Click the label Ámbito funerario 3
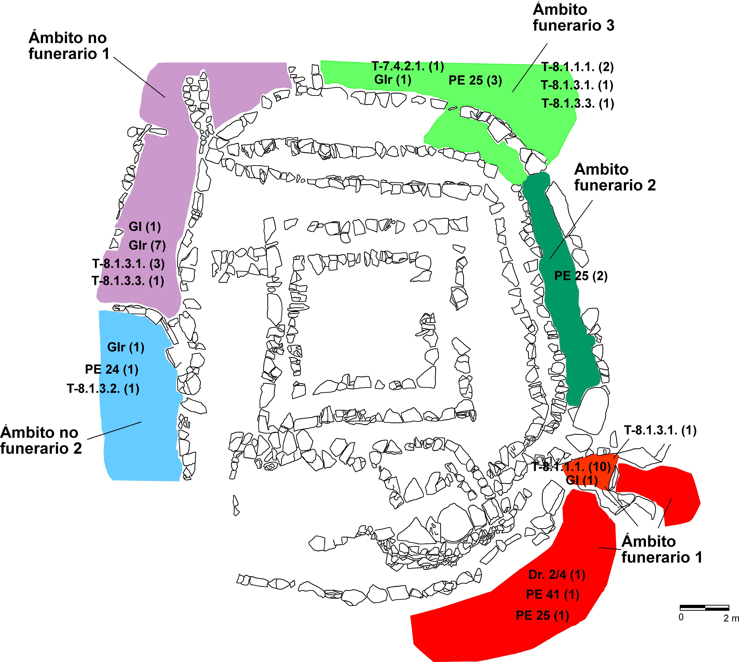(x=573, y=17)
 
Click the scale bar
(x=704, y=607)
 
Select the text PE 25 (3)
(x=475, y=80)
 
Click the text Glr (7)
(x=147, y=246)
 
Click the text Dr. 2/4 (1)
(x=556, y=575)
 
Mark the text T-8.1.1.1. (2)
(x=577, y=67)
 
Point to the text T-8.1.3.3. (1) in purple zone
(x=128, y=281)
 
